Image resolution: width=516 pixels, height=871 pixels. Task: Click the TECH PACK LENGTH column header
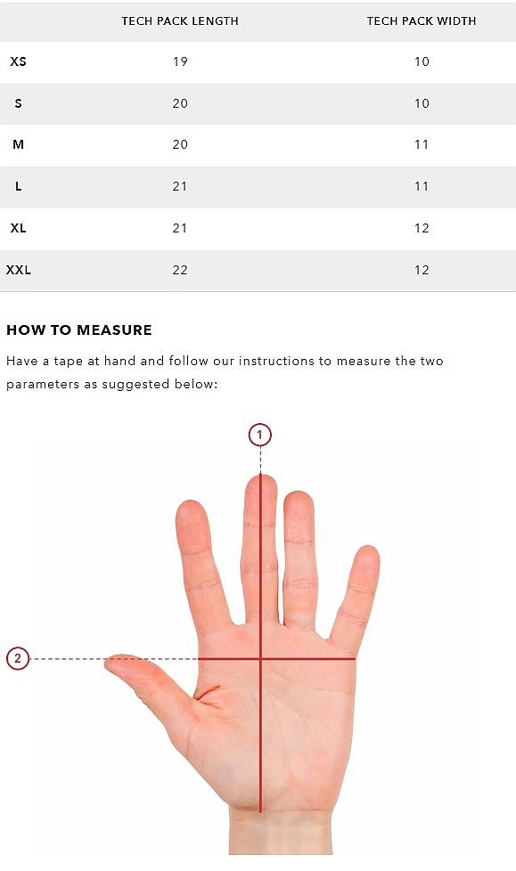pos(180,21)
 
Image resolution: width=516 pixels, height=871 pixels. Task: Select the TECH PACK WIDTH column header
pos(421,21)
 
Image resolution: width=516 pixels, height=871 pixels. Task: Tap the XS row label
pos(19,61)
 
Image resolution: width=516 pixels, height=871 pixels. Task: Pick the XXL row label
pos(19,270)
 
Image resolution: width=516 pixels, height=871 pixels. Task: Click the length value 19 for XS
pos(180,61)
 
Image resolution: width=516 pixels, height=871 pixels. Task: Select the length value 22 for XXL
pos(180,270)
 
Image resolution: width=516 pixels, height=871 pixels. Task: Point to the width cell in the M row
pos(422,144)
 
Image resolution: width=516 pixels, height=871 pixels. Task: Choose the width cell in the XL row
pos(422,228)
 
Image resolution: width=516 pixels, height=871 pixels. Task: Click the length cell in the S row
pos(180,103)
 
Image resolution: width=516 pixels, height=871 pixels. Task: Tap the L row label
pos(19,186)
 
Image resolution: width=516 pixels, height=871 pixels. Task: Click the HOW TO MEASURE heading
pos(79,330)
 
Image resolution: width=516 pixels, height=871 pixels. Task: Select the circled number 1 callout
pos(260,435)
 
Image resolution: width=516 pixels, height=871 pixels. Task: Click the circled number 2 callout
pos(17,658)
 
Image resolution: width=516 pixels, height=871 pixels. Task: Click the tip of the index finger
pos(191,501)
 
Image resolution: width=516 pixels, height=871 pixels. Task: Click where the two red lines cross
pos(260,659)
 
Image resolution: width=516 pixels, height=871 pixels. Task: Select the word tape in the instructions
pos(67,362)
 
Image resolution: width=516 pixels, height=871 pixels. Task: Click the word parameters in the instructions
pos(43,385)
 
